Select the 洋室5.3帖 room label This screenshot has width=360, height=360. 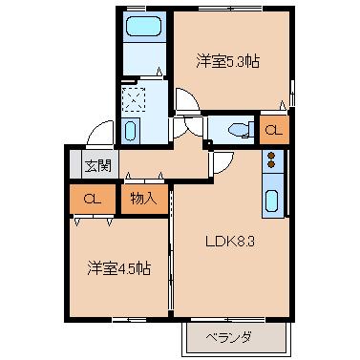pyautogui.click(x=228, y=61)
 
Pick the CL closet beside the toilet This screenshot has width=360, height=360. pyautogui.click(x=273, y=129)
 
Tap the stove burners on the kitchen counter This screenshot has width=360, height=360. pyautogui.click(x=270, y=160)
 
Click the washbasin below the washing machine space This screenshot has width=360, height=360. pyautogui.click(x=134, y=129)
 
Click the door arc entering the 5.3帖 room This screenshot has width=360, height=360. pyautogui.click(x=184, y=99)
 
